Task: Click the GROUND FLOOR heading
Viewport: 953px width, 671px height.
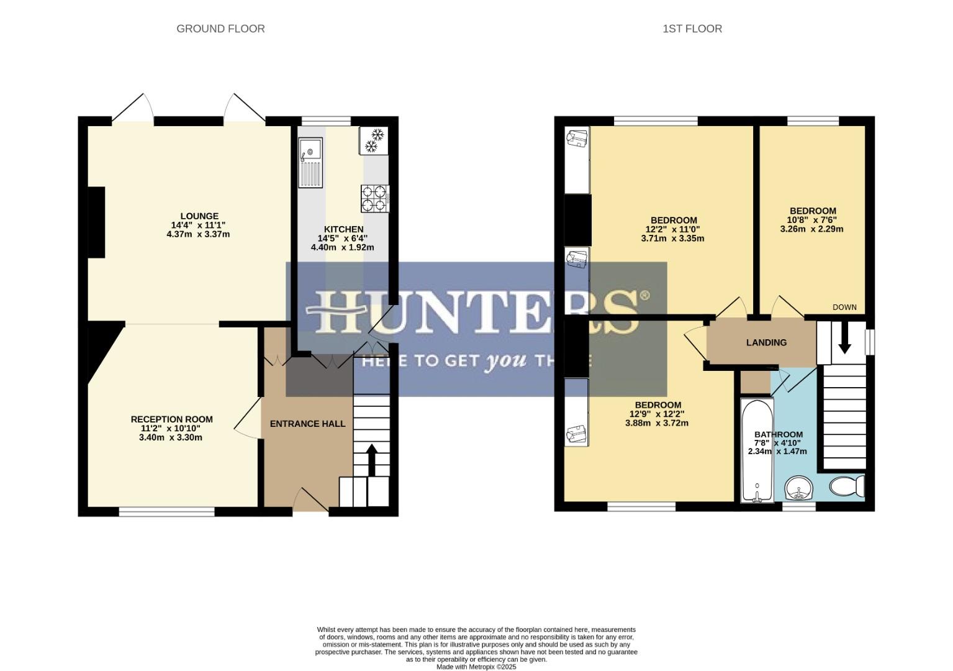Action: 220,29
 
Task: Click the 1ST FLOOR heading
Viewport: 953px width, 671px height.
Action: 692,29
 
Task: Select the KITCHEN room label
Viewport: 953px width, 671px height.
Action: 343,229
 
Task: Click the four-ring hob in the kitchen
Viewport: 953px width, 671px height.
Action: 374,199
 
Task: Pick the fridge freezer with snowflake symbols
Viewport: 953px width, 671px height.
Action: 373,140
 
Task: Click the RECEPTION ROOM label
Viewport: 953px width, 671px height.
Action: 171,419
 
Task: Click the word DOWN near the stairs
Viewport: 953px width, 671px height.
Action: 844,307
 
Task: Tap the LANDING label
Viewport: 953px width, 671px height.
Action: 766,342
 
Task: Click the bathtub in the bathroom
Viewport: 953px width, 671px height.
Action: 757,450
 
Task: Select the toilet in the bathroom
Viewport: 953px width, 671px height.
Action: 847,485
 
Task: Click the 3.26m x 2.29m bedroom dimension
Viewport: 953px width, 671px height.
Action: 811,229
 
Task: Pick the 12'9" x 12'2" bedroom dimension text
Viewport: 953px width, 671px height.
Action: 657,414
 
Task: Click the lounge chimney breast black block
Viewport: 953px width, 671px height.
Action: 96,222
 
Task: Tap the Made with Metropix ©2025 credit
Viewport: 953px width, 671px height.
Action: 476,667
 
